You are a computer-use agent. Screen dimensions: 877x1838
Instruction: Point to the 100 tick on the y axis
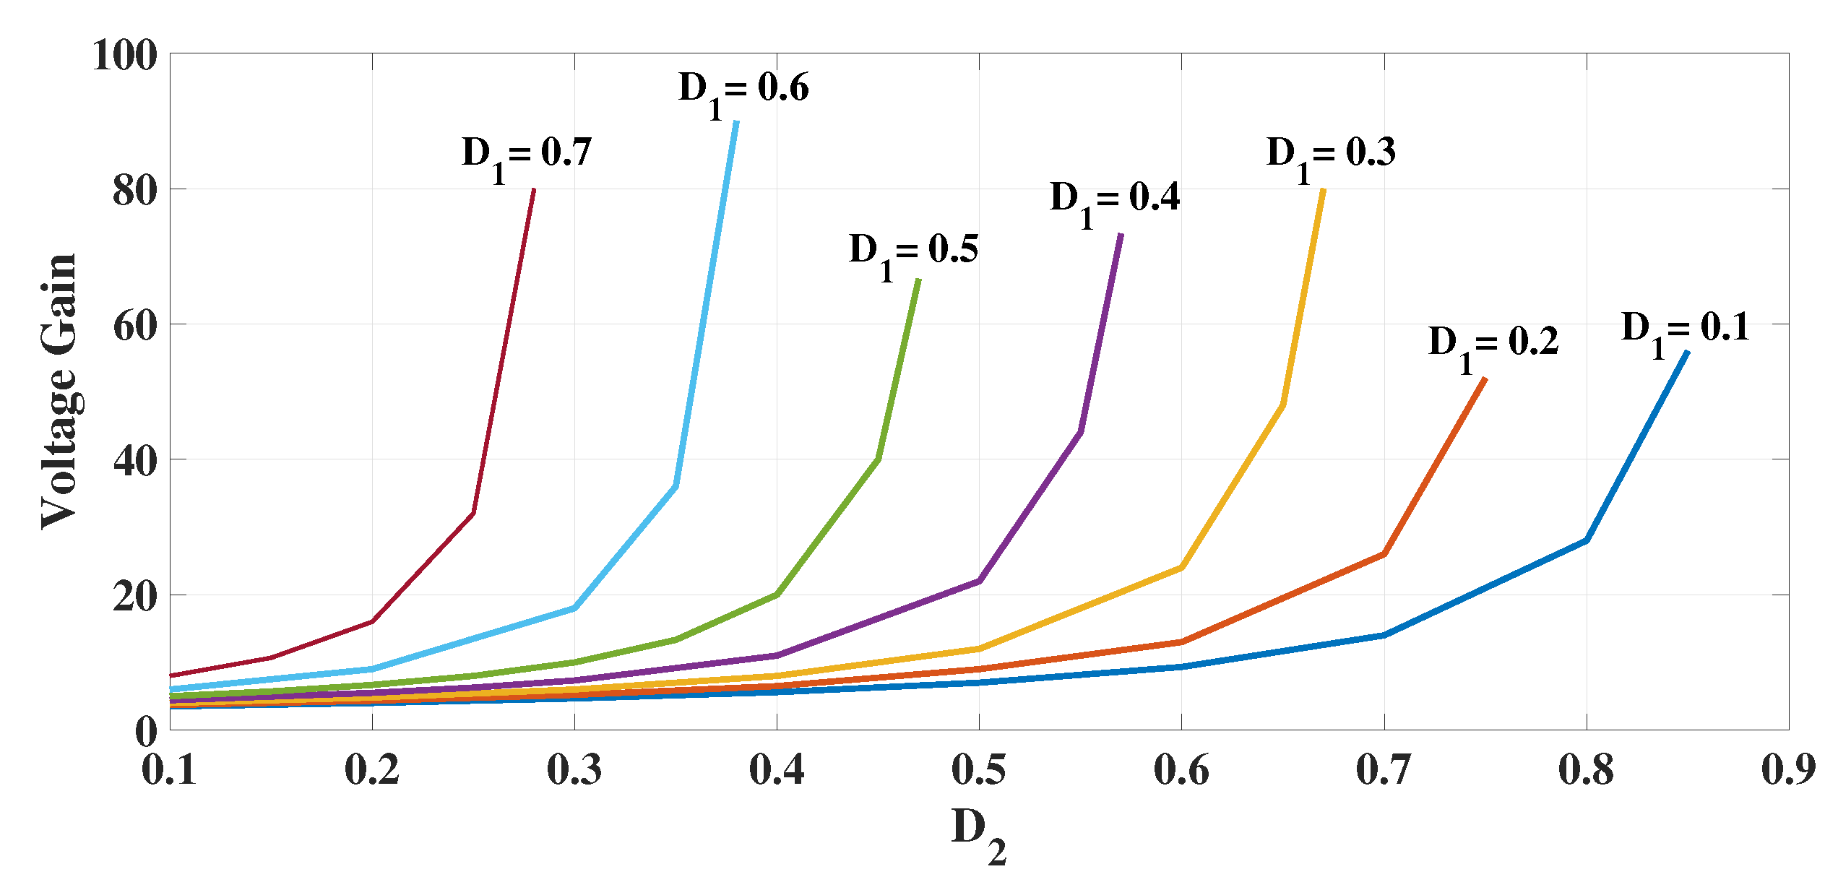point(125,55)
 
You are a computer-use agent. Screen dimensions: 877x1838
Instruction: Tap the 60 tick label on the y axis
point(135,326)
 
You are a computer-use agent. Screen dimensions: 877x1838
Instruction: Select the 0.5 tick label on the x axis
point(978,769)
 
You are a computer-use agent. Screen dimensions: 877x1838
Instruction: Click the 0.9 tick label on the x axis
point(1788,769)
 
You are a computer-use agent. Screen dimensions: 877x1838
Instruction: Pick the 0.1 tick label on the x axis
point(169,769)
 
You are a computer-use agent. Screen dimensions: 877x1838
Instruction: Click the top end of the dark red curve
point(534,190)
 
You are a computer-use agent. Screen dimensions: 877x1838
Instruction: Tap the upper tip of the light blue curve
point(736,122)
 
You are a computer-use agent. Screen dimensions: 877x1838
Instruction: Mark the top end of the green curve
point(918,280)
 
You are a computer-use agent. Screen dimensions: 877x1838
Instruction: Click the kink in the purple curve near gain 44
point(1080,432)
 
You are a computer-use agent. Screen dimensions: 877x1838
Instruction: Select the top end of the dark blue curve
point(1687,353)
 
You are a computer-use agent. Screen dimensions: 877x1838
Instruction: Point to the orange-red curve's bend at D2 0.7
point(1384,554)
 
